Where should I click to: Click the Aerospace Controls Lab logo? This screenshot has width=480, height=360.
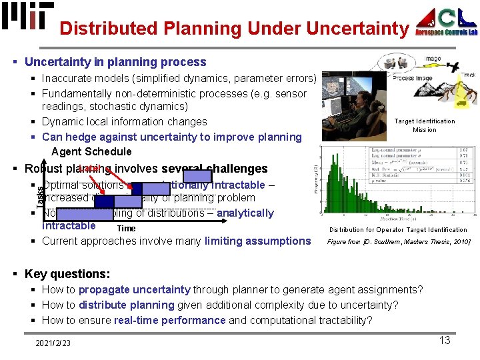(x=446, y=22)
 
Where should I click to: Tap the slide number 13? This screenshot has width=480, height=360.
(x=444, y=341)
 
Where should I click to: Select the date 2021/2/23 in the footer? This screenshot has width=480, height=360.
(x=54, y=343)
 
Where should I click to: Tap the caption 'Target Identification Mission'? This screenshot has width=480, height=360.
(x=424, y=125)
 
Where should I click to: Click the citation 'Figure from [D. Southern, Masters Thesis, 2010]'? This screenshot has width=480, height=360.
(x=399, y=242)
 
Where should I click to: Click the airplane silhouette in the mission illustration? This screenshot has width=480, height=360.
(x=454, y=67)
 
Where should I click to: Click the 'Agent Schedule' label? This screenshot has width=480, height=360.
(x=91, y=152)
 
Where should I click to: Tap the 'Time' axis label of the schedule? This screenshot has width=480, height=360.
(x=126, y=228)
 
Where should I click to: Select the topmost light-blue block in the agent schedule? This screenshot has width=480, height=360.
(x=202, y=176)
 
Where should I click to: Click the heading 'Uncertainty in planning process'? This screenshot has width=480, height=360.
(x=115, y=62)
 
